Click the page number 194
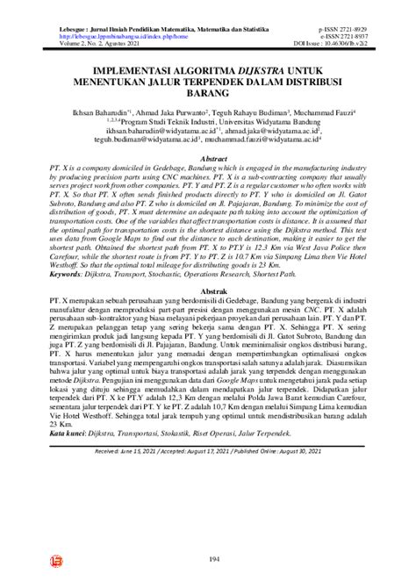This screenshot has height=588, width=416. pos(206,559)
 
